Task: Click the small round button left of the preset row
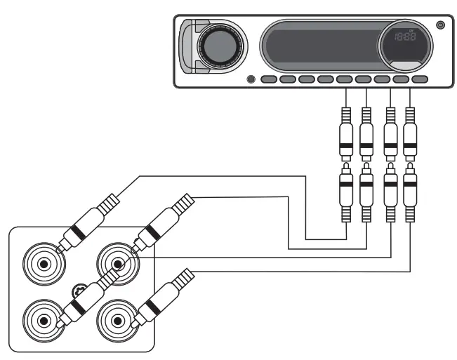(251, 79)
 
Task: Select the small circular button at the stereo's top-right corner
(440, 25)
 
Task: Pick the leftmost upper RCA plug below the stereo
(345, 133)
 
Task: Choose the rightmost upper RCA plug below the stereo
(411, 133)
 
